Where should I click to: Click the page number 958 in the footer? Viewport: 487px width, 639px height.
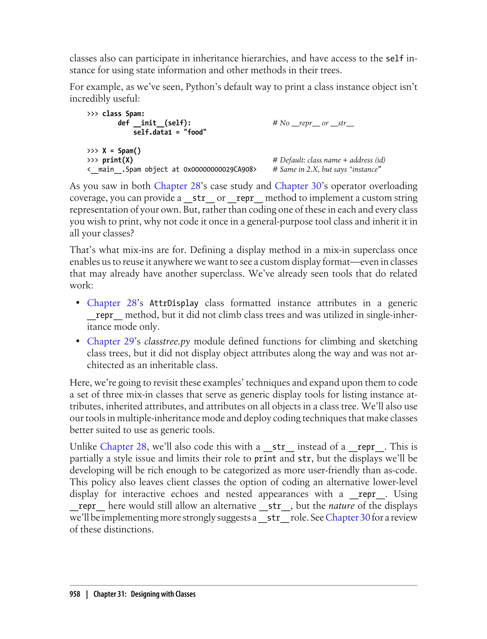pos(75,594)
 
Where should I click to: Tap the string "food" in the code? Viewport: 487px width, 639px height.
pos(195,132)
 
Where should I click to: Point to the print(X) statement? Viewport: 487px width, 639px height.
pos(117,160)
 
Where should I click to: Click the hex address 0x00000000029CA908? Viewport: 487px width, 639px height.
pos(220,169)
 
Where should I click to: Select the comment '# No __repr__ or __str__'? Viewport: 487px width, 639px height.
pos(313,123)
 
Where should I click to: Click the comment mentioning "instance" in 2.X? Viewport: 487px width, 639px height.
pos(327,169)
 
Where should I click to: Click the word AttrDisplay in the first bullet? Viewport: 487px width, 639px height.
pos(174,303)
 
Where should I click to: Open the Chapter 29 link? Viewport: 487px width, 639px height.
pos(110,341)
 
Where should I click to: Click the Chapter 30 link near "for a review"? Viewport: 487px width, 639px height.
pos(348,518)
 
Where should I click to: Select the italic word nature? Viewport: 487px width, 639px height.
pos(341,506)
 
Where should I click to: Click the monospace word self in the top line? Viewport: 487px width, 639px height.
pos(394,59)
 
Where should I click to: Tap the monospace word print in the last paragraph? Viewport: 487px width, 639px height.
pos(265,459)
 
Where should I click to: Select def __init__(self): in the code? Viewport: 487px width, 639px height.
pos(154,123)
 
